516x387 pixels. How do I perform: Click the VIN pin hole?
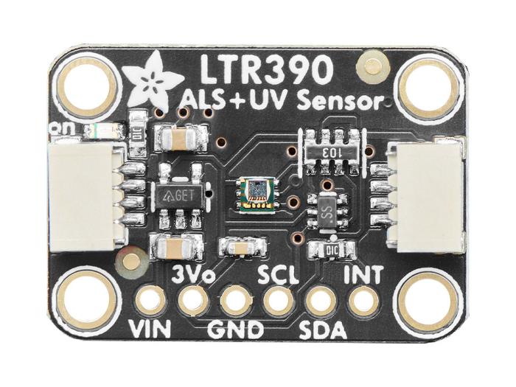pos(150,301)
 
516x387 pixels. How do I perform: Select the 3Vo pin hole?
pos(193,300)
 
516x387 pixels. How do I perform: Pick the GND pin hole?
pos(236,301)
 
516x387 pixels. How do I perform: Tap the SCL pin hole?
pos(278,300)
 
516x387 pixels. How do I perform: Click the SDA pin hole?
pos(320,301)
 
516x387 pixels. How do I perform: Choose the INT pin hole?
pos(362,300)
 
